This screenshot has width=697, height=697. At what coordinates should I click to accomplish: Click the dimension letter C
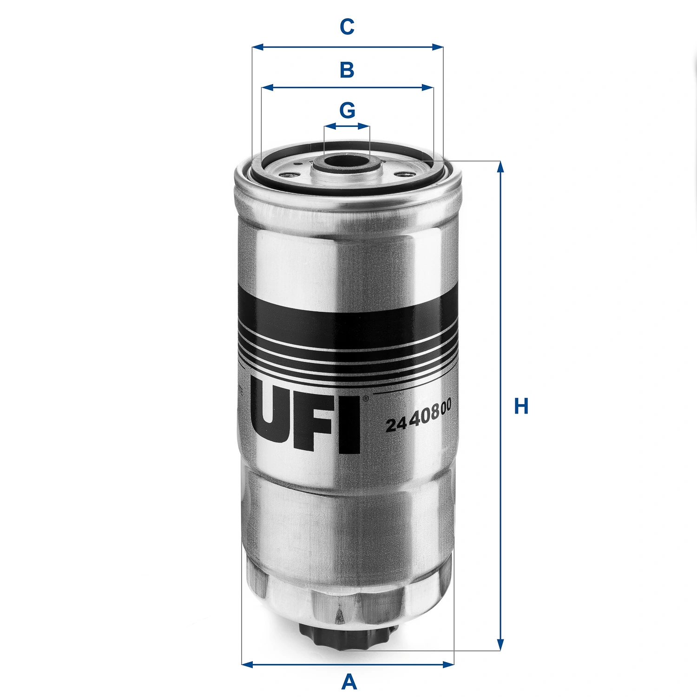(x=347, y=27)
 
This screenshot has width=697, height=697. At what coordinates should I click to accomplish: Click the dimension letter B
(x=347, y=70)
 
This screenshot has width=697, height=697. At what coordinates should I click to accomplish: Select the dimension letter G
(x=347, y=111)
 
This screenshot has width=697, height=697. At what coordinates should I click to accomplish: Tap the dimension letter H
(x=521, y=406)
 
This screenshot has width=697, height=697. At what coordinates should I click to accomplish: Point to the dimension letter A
(x=349, y=682)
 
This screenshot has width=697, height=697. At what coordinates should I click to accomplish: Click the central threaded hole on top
(x=347, y=163)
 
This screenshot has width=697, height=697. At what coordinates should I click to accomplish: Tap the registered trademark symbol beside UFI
(x=366, y=398)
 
